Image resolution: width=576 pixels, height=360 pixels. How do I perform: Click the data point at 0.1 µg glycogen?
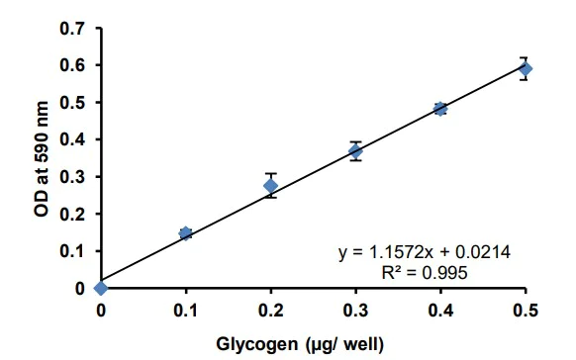pyautogui.click(x=185, y=233)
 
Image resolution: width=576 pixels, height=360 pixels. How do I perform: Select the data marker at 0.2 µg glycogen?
pyautogui.click(x=270, y=186)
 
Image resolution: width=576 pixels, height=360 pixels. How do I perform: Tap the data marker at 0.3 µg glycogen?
pyautogui.click(x=355, y=151)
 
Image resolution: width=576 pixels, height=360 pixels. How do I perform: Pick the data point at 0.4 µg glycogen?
pyautogui.click(x=440, y=109)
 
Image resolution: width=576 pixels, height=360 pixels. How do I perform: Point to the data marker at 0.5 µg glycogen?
pyautogui.click(x=526, y=68)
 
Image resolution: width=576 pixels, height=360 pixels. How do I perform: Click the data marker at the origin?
pyautogui.click(x=101, y=288)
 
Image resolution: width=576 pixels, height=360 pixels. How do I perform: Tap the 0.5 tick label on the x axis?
pyautogui.click(x=526, y=311)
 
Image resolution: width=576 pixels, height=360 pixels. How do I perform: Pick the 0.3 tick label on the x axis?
pyautogui.click(x=355, y=311)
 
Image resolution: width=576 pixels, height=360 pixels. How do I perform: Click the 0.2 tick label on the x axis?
pyautogui.click(x=270, y=311)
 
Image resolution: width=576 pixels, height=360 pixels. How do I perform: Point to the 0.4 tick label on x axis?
pyautogui.click(x=440, y=311)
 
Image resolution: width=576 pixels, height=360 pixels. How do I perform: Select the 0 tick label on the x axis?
pyautogui.click(x=101, y=311)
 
